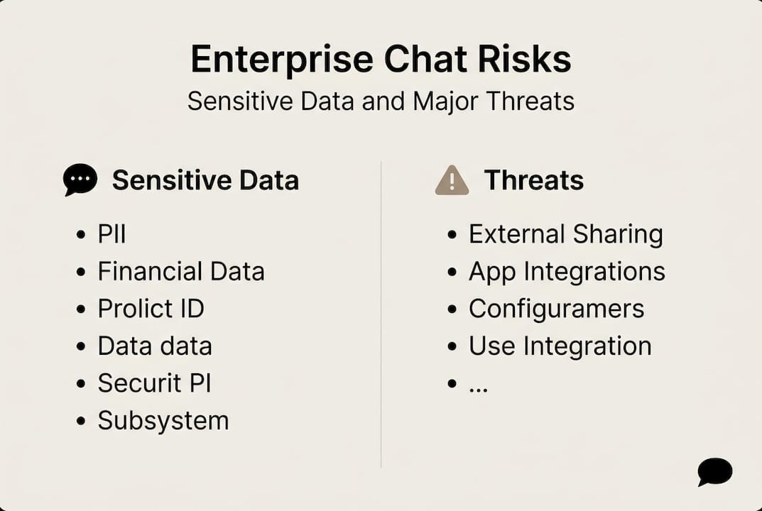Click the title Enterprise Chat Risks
click(381, 60)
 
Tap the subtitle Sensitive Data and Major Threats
click(381, 101)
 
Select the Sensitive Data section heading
click(205, 180)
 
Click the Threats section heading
click(533, 180)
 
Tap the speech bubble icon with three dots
click(80, 180)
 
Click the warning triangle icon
click(452, 180)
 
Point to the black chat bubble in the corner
click(714, 471)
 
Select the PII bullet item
click(111, 234)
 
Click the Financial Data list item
click(180, 271)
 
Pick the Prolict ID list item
click(151, 309)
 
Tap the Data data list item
click(155, 346)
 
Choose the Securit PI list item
click(154, 383)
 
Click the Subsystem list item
click(163, 420)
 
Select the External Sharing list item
click(565, 234)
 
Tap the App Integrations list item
click(567, 271)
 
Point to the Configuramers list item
click(556, 309)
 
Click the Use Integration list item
click(560, 346)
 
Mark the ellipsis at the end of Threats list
click(478, 388)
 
